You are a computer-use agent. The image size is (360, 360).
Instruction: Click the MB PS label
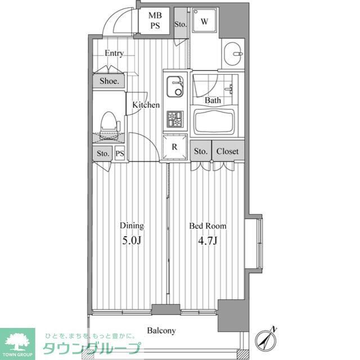(155, 20)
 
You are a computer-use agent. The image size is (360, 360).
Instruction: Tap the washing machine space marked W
(204, 20)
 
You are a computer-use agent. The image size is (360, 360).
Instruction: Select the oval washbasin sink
(232, 54)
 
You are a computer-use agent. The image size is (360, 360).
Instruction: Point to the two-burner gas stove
(175, 119)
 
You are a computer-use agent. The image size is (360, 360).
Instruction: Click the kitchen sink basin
(175, 87)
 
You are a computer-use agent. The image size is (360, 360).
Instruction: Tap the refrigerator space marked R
(174, 147)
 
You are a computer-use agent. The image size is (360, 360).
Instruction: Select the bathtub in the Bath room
(214, 121)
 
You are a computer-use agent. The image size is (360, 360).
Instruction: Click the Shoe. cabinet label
(109, 81)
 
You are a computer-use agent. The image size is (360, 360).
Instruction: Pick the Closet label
(227, 151)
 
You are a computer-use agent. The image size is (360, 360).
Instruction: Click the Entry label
(114, 53)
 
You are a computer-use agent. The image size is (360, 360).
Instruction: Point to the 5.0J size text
(131, 241)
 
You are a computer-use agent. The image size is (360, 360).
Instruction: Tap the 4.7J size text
(208, 241)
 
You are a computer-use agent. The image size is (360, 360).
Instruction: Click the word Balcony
(161, 331)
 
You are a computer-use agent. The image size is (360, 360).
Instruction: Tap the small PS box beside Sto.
(120, 153)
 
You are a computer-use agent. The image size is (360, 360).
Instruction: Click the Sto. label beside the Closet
(200, 151)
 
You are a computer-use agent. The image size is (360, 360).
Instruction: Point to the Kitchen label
(146, 105)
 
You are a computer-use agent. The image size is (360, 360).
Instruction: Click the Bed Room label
(208, 226)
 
